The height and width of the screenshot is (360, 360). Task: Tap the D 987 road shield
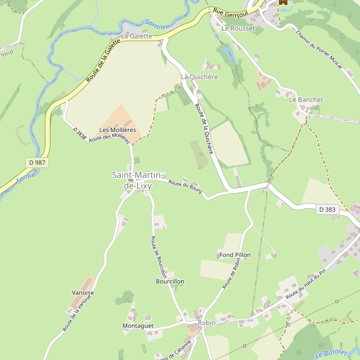37,163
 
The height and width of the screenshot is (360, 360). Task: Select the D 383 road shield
328,209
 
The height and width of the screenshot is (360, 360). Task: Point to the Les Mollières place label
118,130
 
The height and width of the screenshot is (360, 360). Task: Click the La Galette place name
136,37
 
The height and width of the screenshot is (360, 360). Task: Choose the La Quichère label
199,77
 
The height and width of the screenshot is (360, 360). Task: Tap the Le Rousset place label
238,28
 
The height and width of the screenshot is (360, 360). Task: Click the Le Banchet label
306,100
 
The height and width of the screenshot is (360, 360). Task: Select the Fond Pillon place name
235,255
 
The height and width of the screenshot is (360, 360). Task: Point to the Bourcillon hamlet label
170,281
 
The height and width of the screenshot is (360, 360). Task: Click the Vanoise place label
83,293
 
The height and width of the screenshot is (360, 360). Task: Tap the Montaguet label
138,326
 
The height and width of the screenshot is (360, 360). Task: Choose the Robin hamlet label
206,323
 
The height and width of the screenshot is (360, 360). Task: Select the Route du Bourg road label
185,187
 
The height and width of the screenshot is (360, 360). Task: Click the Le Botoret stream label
331,353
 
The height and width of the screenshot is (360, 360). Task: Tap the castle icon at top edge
283,2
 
